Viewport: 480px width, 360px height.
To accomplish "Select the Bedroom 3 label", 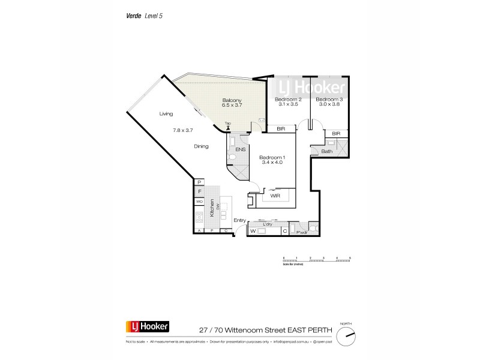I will click(329, 99).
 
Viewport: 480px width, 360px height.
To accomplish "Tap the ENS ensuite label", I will click(241, 149).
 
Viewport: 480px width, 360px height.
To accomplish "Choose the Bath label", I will click(327, 152).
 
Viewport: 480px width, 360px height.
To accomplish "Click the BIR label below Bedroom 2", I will click(281, 129).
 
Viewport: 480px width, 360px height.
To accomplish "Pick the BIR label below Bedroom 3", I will click(336, 133).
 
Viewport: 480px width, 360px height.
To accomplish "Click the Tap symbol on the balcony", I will click(227, 127).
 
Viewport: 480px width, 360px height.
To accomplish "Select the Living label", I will click(166, 113).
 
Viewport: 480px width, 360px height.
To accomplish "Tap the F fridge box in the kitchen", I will click(200, 191).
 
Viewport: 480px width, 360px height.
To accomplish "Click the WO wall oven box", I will click(200, 202).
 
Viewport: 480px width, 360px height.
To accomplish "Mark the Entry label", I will click(239, 220).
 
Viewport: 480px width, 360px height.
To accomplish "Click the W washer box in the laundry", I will click(253, 231).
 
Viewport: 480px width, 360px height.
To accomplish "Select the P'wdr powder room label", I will click(301, 231).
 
